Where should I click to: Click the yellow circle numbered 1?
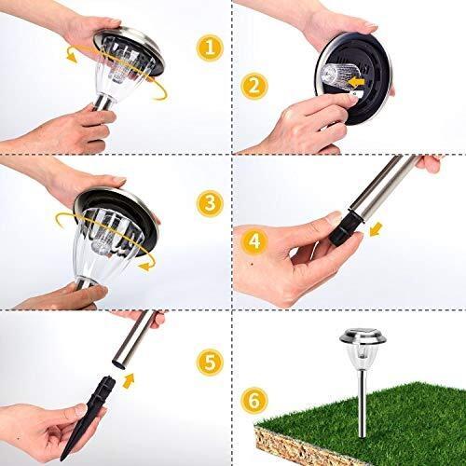click(x=210, y=48)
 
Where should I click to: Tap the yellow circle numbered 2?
click(x=254, y=86)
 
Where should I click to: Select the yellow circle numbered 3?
click(x=210, y=203)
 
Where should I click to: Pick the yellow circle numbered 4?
click(x=254, y=241)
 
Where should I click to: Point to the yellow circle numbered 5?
click(x=210, y=363)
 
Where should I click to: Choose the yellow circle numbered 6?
click(x=254, y=400)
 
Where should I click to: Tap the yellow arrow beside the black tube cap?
click(x=376, y=229)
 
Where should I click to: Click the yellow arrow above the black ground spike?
click(x=129, y=381)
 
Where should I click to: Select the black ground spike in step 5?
click(x=84, y=417)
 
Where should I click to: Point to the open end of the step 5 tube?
click(x=119, y=363)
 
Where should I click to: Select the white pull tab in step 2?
click(x=354, y=94)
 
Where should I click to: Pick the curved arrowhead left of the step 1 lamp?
click(x=72, y=58)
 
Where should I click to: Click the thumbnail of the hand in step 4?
click(x=334, y=216)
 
